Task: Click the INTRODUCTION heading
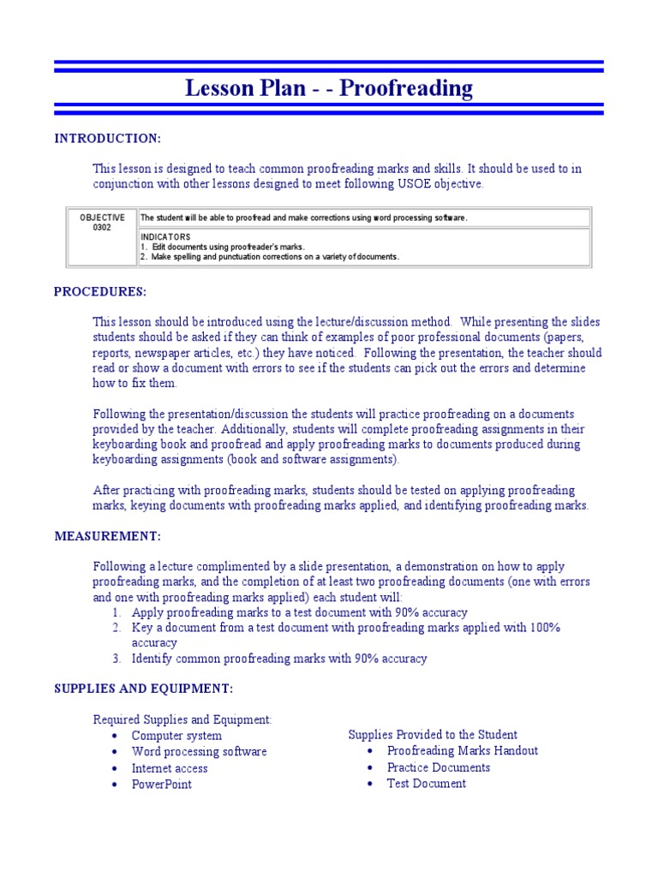coord(107,138)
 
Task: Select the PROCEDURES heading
coord(100,292)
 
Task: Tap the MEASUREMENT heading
coord(107,536)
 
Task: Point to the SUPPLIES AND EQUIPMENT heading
coord(143,689)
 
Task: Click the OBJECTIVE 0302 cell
coord(102,223)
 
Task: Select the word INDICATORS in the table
coord(165,236)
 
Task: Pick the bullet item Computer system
coord(176,736)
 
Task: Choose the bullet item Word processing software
coord(199,752)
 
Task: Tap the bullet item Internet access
coord(170,768)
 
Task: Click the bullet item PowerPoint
coord(162,785)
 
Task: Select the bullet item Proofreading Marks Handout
coord(463,751)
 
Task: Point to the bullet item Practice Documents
coord(439,767)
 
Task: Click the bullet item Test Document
coord(427,784)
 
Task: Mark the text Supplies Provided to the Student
coord(433,735)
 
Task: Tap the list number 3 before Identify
coord(117,659)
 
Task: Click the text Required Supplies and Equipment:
coord(182,719)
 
